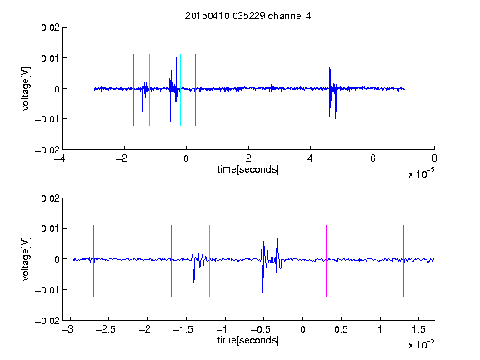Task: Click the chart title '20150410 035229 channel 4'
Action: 247,16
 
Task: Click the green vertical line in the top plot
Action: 149,90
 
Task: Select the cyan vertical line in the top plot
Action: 180,90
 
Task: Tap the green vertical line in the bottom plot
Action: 209,261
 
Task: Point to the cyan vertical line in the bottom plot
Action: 287,261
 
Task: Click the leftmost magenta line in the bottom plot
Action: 93,261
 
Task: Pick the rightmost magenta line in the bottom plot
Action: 403,261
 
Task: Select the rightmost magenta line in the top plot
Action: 227,90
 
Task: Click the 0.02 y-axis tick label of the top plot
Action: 51,27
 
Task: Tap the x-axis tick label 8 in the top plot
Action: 434,158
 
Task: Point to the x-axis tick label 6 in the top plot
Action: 372,158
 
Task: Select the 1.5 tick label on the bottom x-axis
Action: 418,329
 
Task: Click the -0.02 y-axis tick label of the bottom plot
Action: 47,321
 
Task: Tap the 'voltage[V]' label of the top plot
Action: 26,89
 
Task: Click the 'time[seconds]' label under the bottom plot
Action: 248,340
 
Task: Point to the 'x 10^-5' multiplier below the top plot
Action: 421,173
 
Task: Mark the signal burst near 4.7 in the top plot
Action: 333,92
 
